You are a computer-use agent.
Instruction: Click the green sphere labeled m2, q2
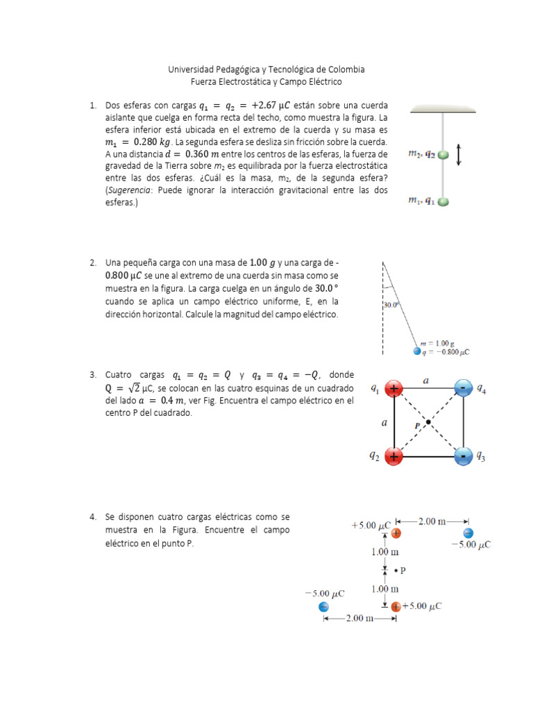(443, 156)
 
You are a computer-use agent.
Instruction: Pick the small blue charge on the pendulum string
(417, 351)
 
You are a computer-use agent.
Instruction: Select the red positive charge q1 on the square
(394, 389)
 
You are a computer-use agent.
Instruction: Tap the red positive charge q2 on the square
(394, 456)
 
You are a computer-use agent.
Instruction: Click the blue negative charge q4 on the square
(462, 389)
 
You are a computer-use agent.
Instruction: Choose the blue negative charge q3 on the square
(462, 456)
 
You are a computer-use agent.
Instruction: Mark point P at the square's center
(429, 422)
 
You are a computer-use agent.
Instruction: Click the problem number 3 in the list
(92, 375)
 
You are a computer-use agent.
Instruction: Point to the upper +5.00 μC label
(371, 525)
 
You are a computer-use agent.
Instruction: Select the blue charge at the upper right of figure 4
(468, 533)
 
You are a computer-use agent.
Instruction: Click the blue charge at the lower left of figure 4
(323, 607)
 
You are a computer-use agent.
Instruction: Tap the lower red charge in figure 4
(396, 606)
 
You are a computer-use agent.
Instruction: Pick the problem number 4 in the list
(92, 517)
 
